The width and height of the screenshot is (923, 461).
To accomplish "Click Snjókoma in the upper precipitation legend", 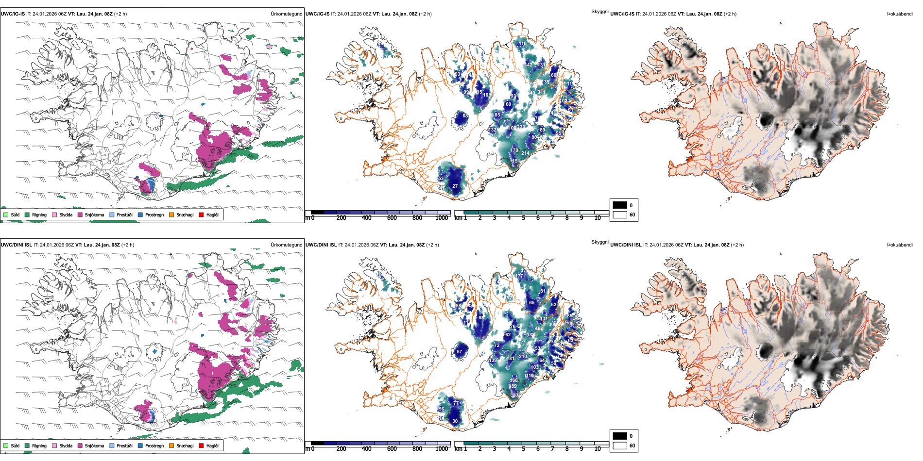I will pos(94,214).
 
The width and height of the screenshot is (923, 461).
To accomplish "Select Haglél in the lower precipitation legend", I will pos(212,445).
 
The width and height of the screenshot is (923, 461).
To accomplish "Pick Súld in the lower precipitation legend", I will pos(15,445).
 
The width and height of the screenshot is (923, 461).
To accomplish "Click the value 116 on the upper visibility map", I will pos(522,44).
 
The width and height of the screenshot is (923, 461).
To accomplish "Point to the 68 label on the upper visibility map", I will pos(465,116).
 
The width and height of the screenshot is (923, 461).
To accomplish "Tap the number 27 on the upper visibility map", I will pos(455,186).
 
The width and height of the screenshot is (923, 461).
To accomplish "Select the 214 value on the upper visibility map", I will pos(526,153).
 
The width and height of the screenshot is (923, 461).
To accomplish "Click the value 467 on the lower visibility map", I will pos(539,329).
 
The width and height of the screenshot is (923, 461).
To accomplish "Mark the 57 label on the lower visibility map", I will pos(460,352).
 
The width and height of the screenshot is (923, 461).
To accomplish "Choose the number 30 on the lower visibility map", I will pos(455,421).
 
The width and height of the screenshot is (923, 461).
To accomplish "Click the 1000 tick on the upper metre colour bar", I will pos(442,218).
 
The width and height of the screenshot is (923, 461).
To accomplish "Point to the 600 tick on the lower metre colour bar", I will pos(392,449).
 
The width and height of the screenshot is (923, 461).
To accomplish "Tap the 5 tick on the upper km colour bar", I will pos(524,218).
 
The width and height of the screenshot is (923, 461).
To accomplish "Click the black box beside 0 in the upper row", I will pos(620,205).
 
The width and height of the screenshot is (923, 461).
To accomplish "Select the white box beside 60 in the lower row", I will pos(620,445).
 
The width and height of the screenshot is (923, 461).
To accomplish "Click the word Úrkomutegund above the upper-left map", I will pos(286,14).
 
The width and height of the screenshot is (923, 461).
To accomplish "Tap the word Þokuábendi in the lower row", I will pos(900,245).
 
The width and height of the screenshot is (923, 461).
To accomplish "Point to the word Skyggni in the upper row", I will pos(599,11).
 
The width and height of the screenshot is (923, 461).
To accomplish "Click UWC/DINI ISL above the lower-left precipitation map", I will pos(16,245).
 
